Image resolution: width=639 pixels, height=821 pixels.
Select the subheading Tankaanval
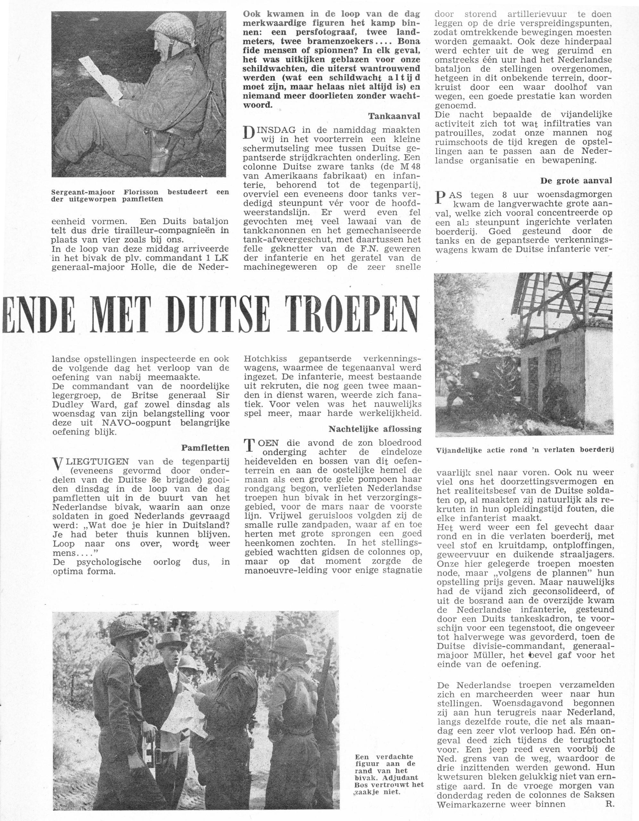(394, 116)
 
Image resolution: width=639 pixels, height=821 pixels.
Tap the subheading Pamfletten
(205, 448)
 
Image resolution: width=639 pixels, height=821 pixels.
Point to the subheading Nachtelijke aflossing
(375, 429)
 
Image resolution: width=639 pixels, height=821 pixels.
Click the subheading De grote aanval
(576, 181)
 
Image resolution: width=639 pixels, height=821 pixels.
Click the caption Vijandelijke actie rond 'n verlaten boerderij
(525, 450)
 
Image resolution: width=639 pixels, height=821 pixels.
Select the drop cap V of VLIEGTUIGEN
(57, 464)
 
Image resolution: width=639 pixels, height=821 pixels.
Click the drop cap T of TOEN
(249, 446)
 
